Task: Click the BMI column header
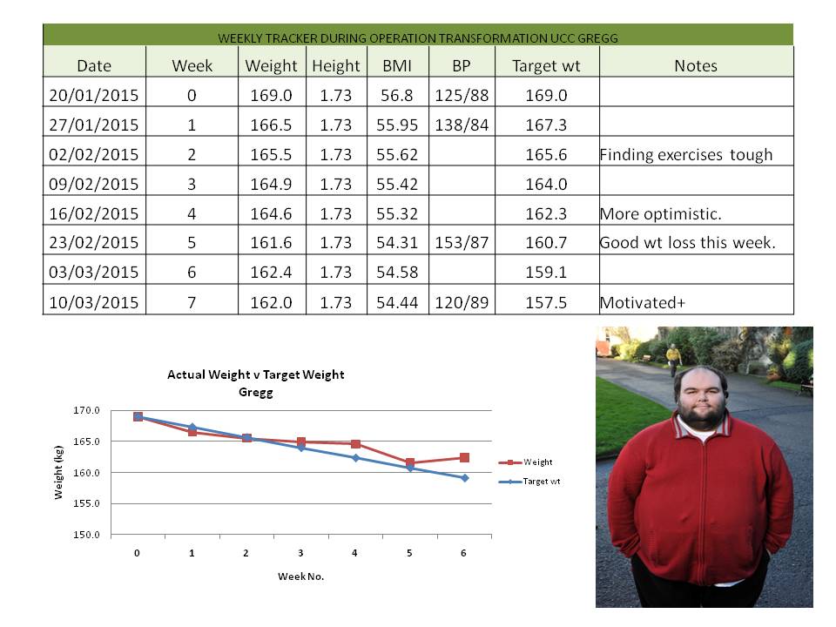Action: tap(396, 65)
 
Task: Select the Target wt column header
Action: tap(546, 65)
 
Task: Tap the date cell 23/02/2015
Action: tap(94, 243)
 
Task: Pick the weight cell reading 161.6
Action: tap(271, 243)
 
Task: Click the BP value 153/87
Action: tap(461, 243)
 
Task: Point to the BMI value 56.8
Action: tap(396, 94)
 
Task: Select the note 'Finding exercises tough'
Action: tap(685, 154)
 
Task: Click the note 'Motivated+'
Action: tap(637, 302)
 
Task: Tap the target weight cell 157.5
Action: tap(546, 302)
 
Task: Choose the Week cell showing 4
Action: tap(192, 213)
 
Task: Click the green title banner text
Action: tap(417, 38)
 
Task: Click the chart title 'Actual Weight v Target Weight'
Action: tap(256, 374)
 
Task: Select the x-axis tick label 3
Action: tap(301, 553)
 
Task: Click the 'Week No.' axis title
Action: tap(300, 576)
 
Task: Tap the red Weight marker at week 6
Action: tap(464, 457)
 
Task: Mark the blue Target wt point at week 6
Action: tap(464, 477)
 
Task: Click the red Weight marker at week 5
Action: tap(410, 463)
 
